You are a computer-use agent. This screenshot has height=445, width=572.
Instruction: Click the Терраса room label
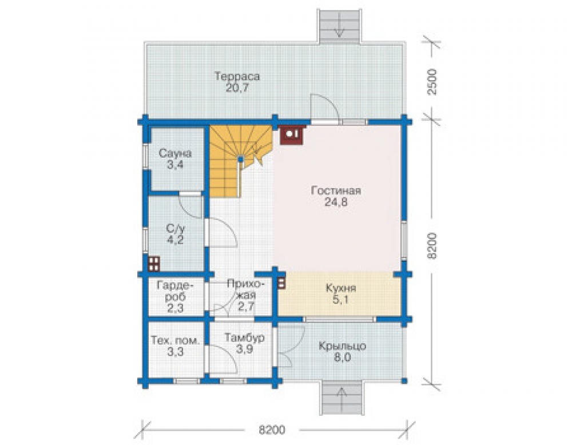pyautogui.click(x=237, y=77)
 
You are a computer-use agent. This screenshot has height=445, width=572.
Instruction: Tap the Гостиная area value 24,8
pyautogui.click(x=336, y=202)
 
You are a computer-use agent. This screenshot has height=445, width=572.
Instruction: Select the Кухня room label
pyautogui.click(x=341, y=288)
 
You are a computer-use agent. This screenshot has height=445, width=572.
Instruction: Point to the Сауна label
pyautogui.click(x=175, y=153)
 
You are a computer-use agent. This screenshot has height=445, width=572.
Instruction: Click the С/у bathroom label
pyautogui.click(x=176, y=229)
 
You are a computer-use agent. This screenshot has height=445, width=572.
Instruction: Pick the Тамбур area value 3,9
pyautogui.click(x=244, y=349)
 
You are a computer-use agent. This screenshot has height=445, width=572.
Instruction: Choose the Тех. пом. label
pyautogui.click(x=176, y=341)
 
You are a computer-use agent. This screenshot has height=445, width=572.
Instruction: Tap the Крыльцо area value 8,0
pyautogui.click(x=343, y=357)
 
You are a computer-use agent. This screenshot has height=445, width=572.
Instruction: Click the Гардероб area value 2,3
pyautogui.click(x=175, y=308)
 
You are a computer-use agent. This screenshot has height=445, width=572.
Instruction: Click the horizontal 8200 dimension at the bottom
pyautogui.click(x=272, y=430)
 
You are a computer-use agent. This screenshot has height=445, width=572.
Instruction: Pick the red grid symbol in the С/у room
pyautogui.click(x=154, y=264)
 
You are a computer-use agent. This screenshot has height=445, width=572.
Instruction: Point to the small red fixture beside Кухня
pyautogui.click(x=281, y=283)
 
